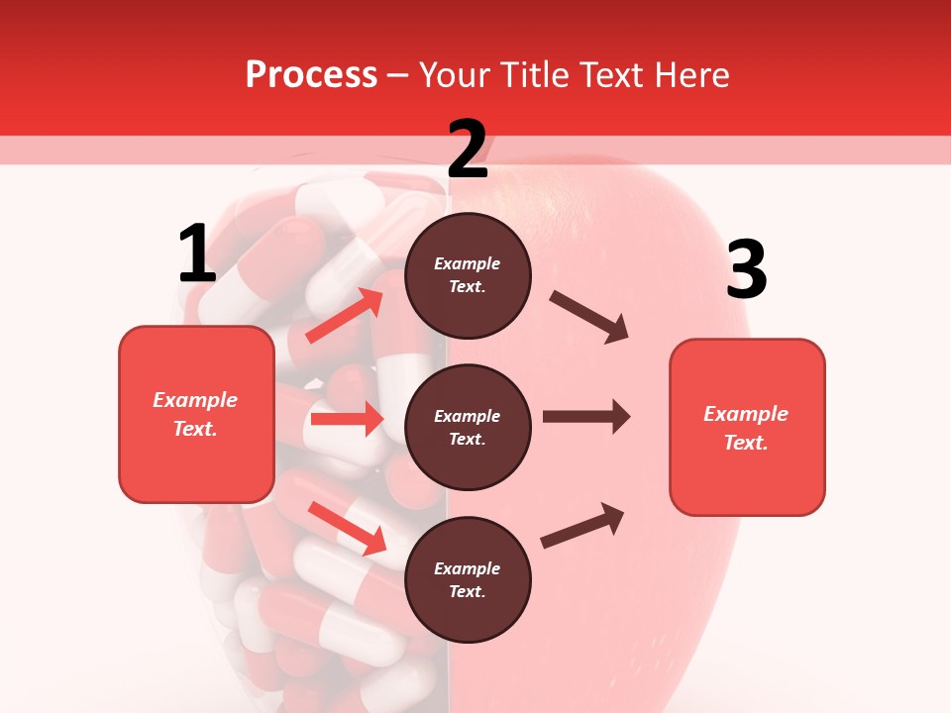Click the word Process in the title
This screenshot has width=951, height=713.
coord(311,75)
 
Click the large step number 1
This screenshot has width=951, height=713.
coord(197,255)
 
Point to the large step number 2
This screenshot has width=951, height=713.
coord(468,149)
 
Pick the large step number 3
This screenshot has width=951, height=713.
coord(746,270)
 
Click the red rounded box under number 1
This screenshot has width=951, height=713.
coord(196,414)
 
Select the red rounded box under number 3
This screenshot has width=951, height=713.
coord(747,428)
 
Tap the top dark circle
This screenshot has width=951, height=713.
coord(468,275)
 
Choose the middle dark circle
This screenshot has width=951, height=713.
coord(468,427)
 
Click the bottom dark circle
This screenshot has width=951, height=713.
coord(468,579)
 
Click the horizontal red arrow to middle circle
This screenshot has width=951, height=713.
coord(347,419)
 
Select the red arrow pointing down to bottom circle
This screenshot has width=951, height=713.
coord(347,527)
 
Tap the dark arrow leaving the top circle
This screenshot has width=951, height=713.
coord(589,317)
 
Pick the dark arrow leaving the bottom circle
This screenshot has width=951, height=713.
coord(582,525)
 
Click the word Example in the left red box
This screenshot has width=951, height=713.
coord(195,400)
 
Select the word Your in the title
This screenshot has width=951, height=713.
coord(452,75)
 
